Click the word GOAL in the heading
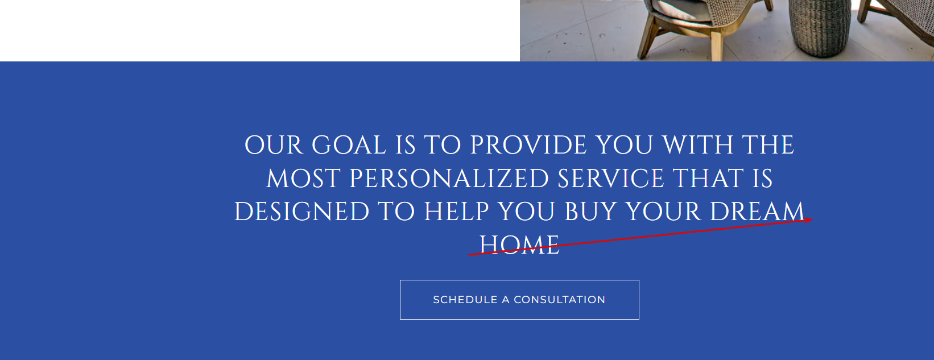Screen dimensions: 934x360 pos(349,145)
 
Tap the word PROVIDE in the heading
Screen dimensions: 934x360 pos(528,145)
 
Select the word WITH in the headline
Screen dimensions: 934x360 pos(697,145)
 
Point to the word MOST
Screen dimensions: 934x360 pos(303,179)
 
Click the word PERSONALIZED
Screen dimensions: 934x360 pos(449,179)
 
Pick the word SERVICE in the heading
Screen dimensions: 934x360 pos(610,179)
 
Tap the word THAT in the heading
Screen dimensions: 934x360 pos(708,179)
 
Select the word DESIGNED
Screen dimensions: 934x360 pos(301,212)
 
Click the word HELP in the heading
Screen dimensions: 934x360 pos(456,212)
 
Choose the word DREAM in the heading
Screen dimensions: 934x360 pos(757,212)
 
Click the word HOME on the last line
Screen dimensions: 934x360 pos(519,245)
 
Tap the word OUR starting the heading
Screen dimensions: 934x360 pos(274,145)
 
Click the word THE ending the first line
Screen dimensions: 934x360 pos(768,145)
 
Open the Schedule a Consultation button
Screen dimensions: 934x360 pos(519,300)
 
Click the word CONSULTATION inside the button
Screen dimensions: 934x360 pos(559,300)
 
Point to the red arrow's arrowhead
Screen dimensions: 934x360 pos(809,220)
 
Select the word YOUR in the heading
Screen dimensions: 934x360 pos(663,212)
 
